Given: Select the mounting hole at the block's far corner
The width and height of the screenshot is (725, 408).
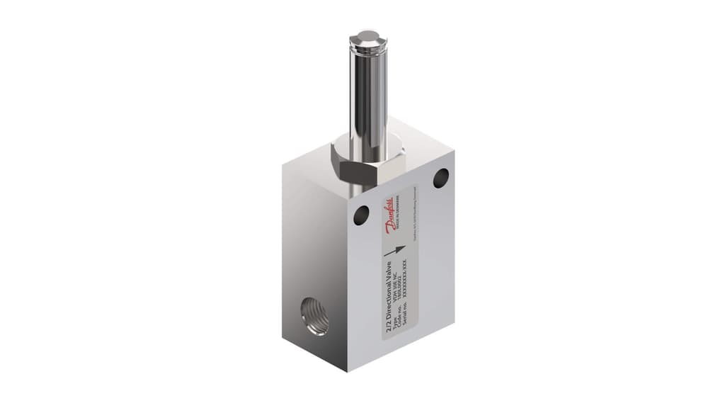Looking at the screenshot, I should [440, 177].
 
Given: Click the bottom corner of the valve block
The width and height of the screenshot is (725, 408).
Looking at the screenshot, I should [346, 370].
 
